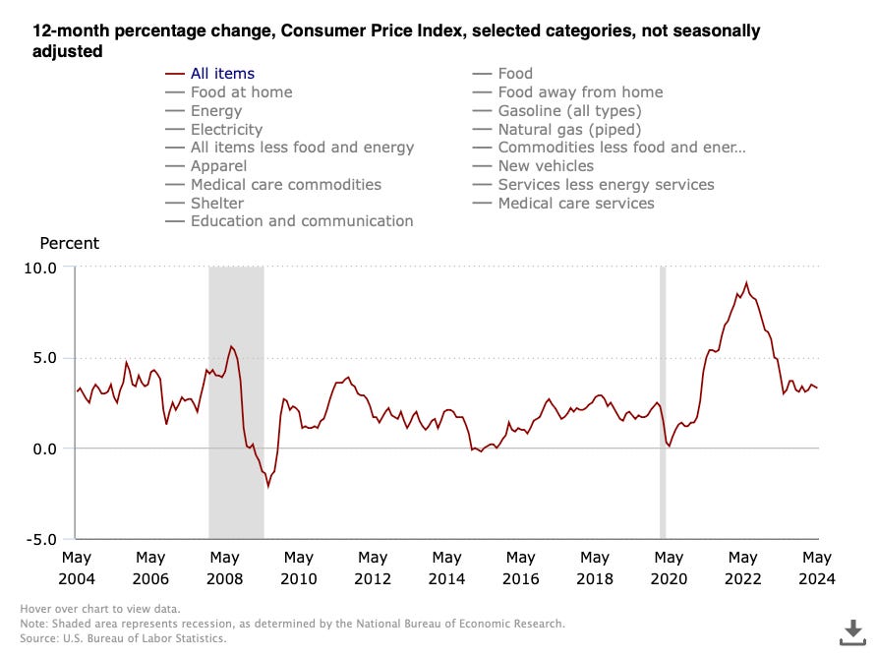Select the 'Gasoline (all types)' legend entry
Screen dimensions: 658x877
[569, 110]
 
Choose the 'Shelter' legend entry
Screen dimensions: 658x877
[217, 203]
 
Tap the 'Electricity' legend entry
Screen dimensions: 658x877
[226, 129]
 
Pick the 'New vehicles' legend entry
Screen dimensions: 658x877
[546, 166]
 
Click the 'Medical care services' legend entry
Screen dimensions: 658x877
[575, 203]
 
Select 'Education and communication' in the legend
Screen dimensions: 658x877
[302, 221]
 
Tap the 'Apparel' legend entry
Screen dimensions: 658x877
[218, 166]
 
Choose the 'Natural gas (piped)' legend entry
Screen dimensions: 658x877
[569, 129]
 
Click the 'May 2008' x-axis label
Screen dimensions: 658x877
[225, 568]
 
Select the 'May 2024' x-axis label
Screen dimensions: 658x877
[817, 568]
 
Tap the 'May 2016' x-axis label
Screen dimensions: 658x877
[521, 568]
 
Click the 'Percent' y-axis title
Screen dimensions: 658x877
[69, 243]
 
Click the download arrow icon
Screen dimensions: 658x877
[852, 629]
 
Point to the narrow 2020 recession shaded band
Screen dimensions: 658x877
[663, 393]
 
